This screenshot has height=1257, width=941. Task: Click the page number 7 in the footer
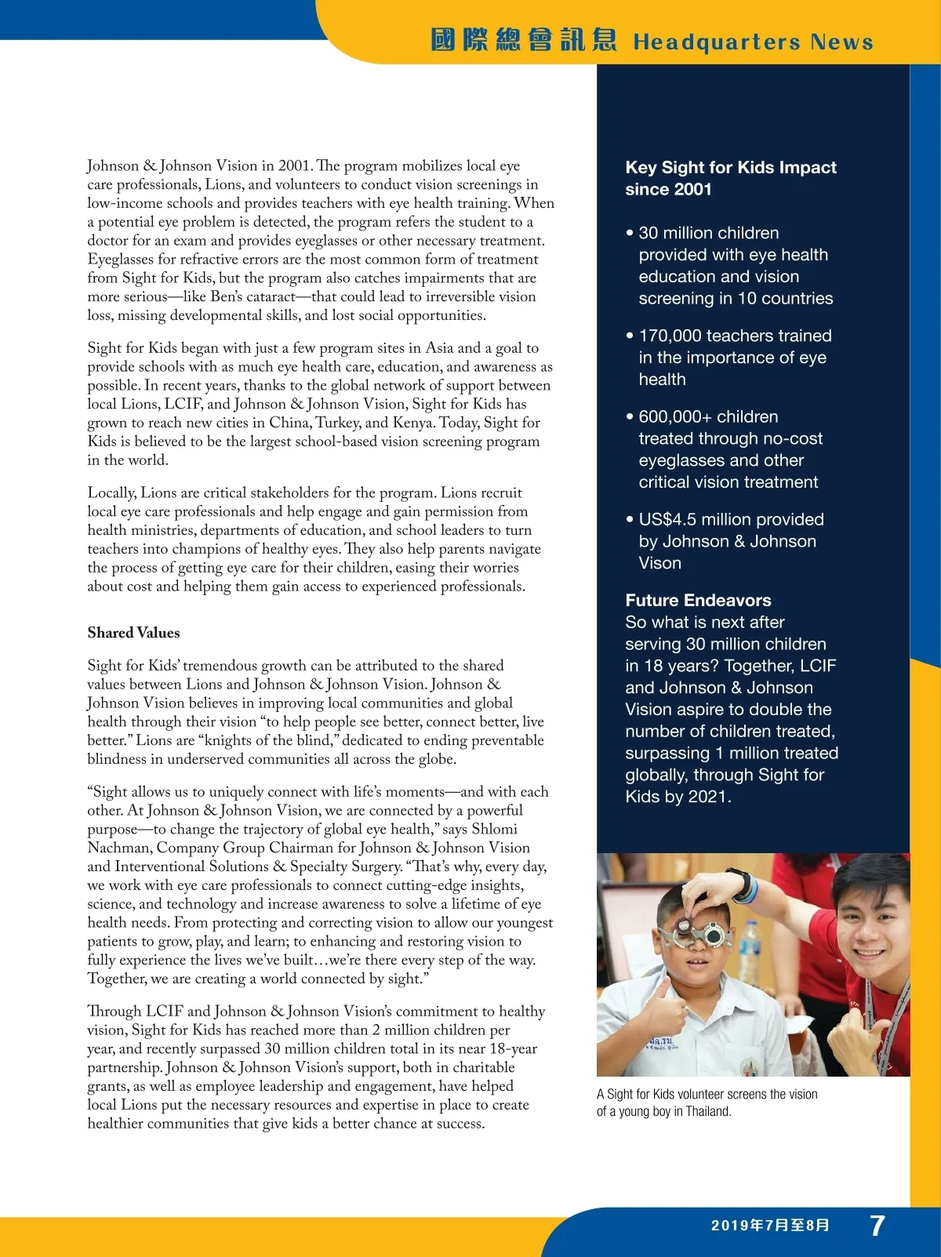877,1225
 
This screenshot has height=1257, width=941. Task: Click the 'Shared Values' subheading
133,633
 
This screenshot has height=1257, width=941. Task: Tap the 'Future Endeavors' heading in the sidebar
698,601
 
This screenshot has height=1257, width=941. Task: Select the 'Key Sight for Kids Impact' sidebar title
730,168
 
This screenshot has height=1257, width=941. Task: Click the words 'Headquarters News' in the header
753,42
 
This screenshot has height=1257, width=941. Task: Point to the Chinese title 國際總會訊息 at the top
523,40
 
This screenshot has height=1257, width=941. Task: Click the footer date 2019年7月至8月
770,1225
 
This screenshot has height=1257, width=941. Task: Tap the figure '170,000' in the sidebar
670,336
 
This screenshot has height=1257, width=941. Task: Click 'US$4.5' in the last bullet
667,520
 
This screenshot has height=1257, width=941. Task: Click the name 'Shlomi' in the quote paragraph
494,829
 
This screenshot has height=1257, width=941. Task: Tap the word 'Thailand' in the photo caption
707,1111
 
